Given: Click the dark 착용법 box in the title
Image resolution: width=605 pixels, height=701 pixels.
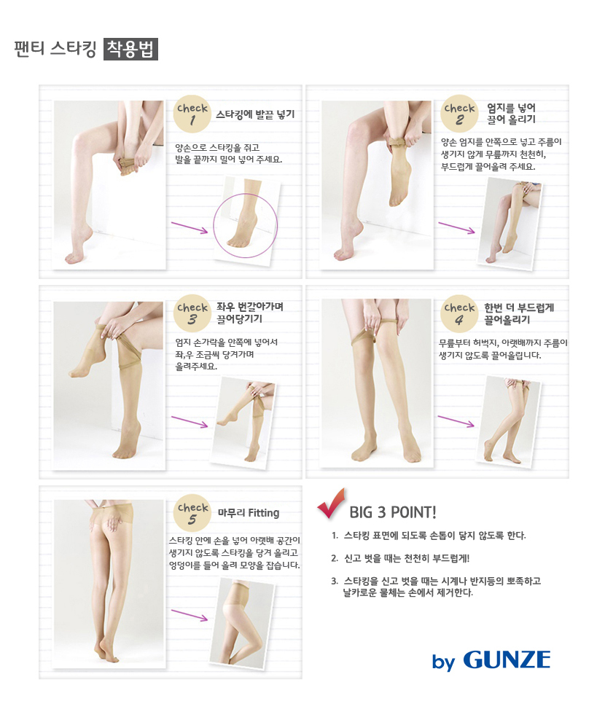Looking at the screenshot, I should (x=130, y=49).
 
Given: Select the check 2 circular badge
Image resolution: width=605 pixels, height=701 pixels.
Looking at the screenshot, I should (x=460, y=114).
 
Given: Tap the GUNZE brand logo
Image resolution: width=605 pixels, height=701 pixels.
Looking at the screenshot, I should (x=507, y=661).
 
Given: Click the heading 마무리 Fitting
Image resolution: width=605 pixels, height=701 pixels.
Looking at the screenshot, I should (x=249, y=513).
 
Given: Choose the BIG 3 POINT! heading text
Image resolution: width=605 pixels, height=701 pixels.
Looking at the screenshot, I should (x=393, y=511).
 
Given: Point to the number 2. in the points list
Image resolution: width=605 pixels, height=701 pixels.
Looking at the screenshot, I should (x=335, y=559).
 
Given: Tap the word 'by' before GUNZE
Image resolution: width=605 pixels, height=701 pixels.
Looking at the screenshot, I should (x=443, y=662).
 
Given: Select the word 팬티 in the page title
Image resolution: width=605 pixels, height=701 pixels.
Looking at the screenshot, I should (x=28, y=49).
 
